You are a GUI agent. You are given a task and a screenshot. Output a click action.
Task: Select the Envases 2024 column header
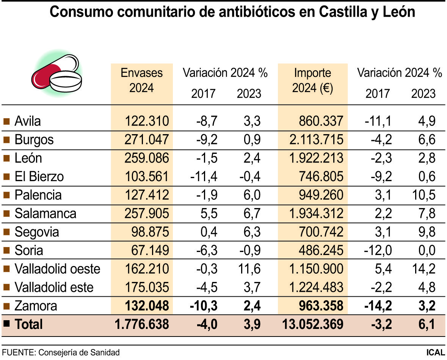click(141, 80)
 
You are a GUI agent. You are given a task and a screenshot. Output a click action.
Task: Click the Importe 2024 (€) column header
click(312, 80)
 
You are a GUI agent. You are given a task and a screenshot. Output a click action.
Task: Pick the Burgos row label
click(34, 140)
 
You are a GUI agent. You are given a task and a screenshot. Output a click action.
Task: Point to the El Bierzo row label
click(39, 177)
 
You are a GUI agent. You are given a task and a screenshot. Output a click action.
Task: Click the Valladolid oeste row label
click(57, 269)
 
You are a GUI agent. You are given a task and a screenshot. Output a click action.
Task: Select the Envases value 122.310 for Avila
click(146, 121)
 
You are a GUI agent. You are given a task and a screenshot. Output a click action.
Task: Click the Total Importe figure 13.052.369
click(313, 324)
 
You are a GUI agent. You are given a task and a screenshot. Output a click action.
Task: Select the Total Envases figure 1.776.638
click(141, 324)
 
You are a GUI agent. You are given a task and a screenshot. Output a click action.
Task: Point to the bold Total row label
click(28, 324)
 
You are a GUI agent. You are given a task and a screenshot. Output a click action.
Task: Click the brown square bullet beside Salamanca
click(6, 214)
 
